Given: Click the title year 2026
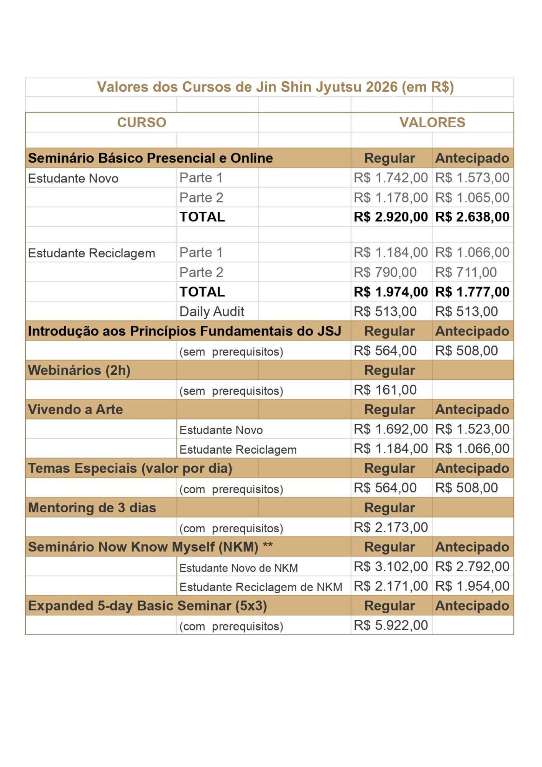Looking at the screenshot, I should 381,87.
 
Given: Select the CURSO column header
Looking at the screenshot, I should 141,122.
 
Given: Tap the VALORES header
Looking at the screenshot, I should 432,122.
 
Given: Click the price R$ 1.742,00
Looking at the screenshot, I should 390,178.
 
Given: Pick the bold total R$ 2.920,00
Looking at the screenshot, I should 390,217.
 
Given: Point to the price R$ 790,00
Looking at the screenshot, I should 385,272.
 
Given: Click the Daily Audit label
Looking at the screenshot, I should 212,311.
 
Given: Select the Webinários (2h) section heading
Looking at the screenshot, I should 79,370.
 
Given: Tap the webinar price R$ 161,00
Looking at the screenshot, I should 385,390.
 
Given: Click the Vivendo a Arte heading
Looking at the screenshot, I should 76,410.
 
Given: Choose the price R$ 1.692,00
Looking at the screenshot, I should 390,429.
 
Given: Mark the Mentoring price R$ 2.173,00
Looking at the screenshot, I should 390,527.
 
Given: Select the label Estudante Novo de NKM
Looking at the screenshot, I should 238,568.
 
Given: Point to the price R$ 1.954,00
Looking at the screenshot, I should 472,586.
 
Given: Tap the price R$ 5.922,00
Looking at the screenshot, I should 390,625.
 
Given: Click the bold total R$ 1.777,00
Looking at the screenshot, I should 472,292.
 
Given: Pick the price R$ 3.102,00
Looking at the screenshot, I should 390,566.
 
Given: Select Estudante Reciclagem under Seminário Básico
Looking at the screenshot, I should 92,253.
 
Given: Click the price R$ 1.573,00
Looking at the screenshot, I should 472,178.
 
